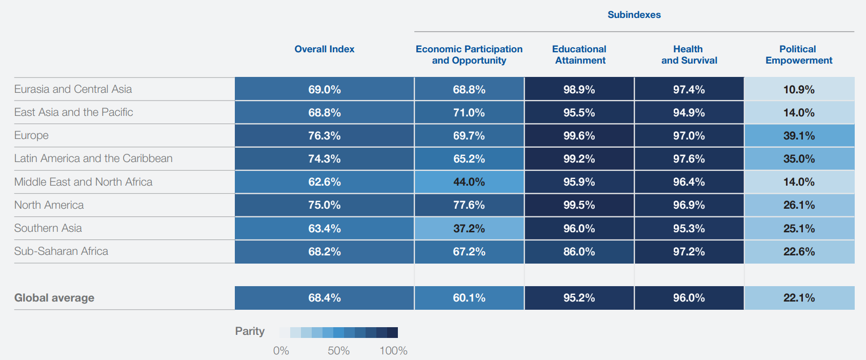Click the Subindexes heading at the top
(634, 15)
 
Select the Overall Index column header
(324, 49)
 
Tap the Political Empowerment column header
(798, 54)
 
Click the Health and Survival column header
(689, 54)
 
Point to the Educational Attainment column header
(579, 54)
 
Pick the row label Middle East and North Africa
(83, 182)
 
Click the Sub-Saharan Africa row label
(61, 251)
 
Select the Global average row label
(54, 298)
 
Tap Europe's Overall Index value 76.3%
(324, 136)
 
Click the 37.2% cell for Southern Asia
(469, 229)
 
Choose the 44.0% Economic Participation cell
(469, 182)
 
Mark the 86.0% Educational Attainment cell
(579, 252)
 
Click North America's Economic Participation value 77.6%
(469, 205)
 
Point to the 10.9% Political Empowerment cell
(799, 90)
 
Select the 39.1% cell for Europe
(799, 136)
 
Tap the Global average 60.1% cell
(469, 298)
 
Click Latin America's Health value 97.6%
(689, 159)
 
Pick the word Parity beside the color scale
(250, 331)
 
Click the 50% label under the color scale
(338, 351)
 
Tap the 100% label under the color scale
(393, 351)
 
